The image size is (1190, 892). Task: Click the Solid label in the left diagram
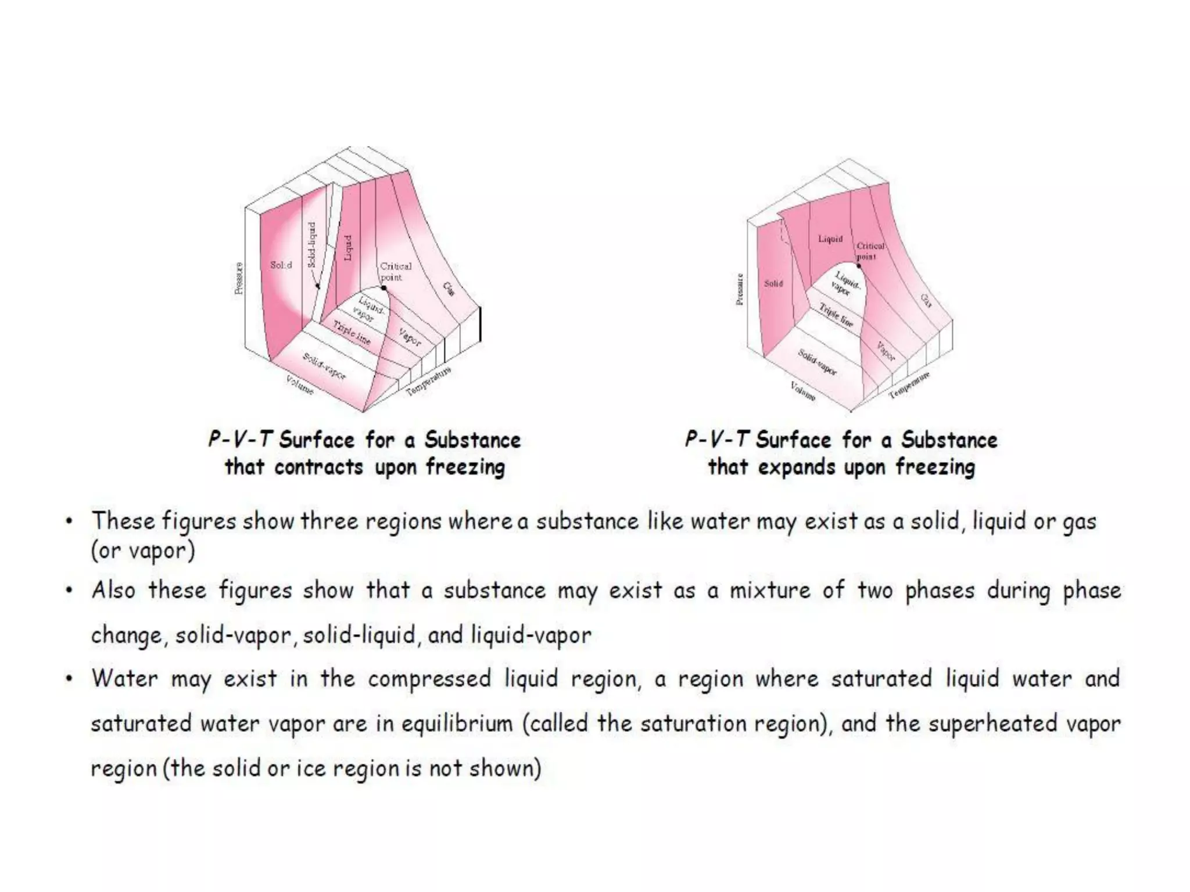281,265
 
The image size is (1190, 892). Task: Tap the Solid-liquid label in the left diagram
312,244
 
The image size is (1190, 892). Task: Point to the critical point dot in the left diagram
383,288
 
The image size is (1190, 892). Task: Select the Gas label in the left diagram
449,288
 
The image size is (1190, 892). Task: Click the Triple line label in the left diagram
352,333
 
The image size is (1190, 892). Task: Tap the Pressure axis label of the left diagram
239,278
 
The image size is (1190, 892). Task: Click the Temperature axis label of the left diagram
428,382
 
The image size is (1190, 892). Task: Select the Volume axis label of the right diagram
803,391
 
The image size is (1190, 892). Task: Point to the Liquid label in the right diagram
830,239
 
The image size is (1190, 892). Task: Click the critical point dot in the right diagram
859,266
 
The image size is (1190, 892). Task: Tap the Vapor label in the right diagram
886,351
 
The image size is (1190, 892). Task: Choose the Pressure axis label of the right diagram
740,289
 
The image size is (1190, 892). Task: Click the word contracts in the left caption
318,467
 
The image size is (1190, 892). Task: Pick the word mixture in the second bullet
769,591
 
